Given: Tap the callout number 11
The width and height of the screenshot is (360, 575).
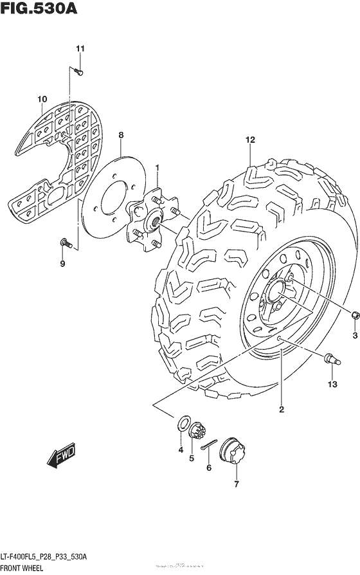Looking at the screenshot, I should (80, 49).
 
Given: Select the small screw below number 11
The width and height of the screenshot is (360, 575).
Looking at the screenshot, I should (77, 71).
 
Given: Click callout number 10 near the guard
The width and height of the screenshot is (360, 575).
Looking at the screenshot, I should (42, 98).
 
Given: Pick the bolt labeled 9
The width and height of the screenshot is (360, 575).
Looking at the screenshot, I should (65, 242).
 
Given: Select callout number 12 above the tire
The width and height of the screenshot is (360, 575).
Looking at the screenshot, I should (250, 140).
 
